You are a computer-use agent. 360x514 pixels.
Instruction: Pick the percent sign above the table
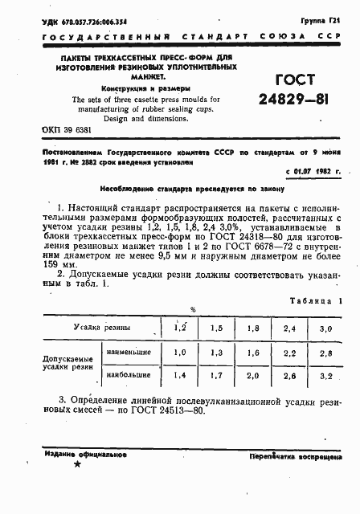click(x=192, y=309)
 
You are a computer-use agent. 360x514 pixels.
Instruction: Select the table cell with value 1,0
click(x=182, y=352)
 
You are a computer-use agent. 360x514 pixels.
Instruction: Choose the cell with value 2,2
click(x=290, y=352)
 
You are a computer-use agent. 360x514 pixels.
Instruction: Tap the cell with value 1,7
click(x=216, y=376)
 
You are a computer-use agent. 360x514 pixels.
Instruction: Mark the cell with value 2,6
click(x=290, y=376)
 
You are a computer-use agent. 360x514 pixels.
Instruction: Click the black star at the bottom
click(x=77, y=465)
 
